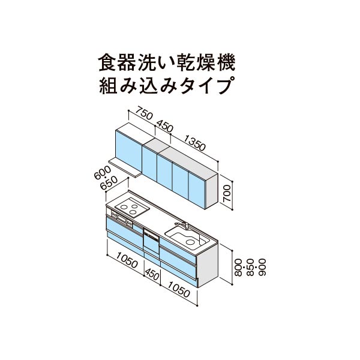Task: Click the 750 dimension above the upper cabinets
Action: (x=144, y=113)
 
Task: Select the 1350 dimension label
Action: (x=194, y=143)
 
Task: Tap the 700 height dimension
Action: (x=227, y=194)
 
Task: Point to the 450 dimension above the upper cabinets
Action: (x=164, y=126)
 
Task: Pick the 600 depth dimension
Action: (x=103, y=172)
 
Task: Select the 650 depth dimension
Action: (x=109, y=183)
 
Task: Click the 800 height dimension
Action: (x=239, y=267)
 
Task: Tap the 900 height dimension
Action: (x=262, y=267)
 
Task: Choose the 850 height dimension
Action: (x=250, y=267)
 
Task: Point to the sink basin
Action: (x=187, y=238)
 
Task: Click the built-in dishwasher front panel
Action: (x=151, y=241)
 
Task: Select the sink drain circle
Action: (x=190, y=242)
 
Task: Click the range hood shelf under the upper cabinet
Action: (x=125, y=167)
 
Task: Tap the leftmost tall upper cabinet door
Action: (x=128, y=151)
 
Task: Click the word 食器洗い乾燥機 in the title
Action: (x=167, y=62)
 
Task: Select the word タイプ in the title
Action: (x=205, y=86)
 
